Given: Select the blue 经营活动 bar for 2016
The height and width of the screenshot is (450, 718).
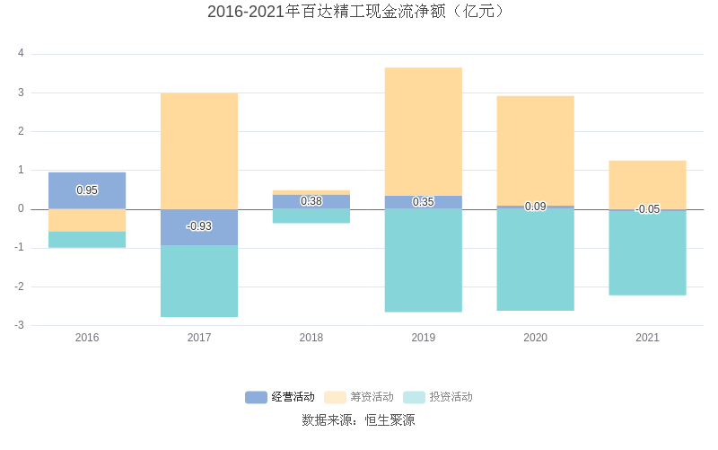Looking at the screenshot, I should coord(87,181).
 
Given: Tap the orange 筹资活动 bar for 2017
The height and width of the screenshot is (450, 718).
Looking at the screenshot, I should coord(199,150).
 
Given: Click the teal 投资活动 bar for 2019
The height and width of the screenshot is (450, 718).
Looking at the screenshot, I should coord(424,260).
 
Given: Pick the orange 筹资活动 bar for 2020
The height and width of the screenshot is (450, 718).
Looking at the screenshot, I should coord(536,150).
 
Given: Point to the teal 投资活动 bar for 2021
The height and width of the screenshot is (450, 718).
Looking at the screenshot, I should coord(648,252).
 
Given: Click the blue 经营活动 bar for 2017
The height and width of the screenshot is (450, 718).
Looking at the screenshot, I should coord(199,236).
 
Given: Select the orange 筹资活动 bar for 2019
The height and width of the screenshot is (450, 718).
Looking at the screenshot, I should coord(424,131).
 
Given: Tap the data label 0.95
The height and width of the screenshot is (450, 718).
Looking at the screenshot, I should coord(87,190).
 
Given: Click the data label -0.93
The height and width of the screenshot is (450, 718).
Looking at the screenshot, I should coord(199,226).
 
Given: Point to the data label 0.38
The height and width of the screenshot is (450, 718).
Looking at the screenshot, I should coord(311,201).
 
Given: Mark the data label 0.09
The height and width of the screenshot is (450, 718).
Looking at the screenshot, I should coord(536,207).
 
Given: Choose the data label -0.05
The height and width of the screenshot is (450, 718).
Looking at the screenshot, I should coord(648,209).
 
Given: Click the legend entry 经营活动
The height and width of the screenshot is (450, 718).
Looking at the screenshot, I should coord(280,397).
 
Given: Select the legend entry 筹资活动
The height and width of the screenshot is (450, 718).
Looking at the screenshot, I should coord(359,397).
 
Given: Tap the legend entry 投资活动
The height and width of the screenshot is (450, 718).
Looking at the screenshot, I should coord(438,397).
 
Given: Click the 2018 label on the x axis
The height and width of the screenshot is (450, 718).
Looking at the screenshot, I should coord(311,338).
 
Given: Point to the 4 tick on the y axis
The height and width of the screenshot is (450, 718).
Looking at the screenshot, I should coord(21,54).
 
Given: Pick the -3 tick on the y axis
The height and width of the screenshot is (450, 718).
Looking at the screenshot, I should coord(19,325).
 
